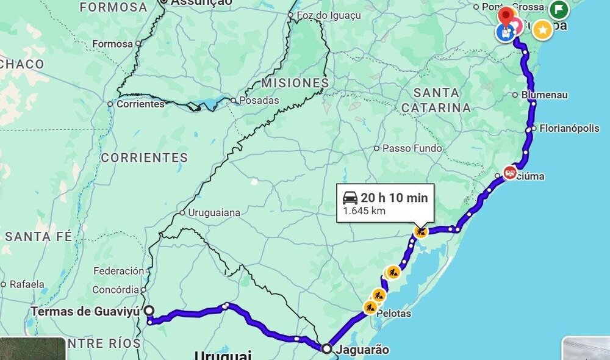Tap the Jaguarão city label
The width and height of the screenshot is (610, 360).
[362, 350]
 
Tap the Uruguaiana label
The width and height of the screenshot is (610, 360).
[213, 213]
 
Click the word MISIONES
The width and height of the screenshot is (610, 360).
[295, 83]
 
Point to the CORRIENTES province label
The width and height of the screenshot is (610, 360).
[145, 158]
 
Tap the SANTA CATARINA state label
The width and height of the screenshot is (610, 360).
[436, 101]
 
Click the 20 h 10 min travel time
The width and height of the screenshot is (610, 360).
[394, 198]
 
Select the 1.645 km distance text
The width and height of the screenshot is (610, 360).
[364, 211]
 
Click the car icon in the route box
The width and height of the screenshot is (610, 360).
[350, 198]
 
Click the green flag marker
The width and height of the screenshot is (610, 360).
[559, 9]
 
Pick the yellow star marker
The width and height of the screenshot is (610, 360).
[542, 29]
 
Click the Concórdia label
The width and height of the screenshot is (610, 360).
[115, 290]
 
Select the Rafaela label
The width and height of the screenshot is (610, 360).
[27, 284]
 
